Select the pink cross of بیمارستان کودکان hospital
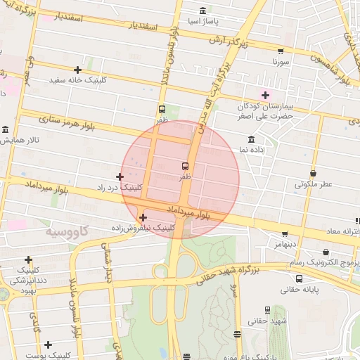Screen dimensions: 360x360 (x=265, y=95)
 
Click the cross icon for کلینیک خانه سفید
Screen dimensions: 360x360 (x=77, y=70)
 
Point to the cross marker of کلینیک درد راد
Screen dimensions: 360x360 (x=120, y=176)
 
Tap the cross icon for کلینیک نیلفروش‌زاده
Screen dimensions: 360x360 (x=143, y=217)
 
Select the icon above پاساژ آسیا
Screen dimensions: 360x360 (x=203, y=11)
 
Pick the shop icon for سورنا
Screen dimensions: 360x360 (x=281, y=51)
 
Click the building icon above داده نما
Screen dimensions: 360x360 (x=251, y=139)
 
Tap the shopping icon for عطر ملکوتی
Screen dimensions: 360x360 (x=313, y=173)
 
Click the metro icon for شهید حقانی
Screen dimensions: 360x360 (x=267, y=310)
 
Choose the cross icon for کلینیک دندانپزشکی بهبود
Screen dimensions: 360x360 (x=28, y=259)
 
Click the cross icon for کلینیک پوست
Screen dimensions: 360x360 (x=48, y=345)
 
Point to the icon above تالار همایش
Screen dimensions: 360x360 (x=6, y=130)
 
